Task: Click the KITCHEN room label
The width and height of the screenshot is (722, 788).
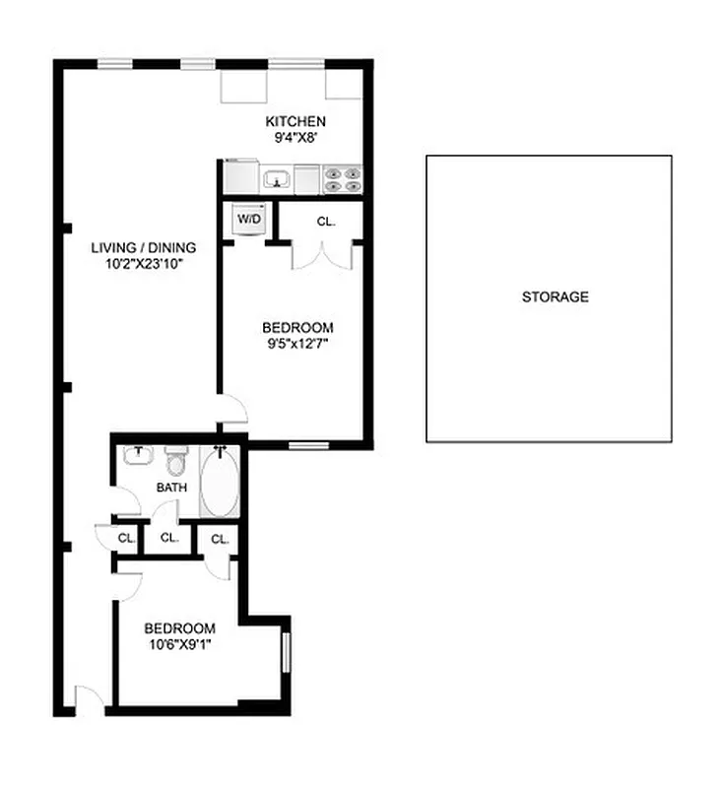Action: [x=295, y=121]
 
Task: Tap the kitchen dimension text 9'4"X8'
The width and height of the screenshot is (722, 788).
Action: [x=295, y=138]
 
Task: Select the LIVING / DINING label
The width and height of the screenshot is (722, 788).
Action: [x=144, y=247]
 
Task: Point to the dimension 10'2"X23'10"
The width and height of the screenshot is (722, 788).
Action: [x=144, y=264]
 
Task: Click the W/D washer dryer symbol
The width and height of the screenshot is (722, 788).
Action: [x=248, y=219]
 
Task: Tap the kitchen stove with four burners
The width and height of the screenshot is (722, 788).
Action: [x=343, y=179]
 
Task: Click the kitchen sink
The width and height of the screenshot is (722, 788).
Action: [x=275, y=180]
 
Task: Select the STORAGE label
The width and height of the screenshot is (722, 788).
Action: [x=555, y=296]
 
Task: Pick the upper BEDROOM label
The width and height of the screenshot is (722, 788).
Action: [x=296, y=328]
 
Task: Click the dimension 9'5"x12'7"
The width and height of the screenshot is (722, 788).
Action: [x=296, y=345]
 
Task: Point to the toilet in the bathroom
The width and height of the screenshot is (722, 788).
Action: [x=175, y=461]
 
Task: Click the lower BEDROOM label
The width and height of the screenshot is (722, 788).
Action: [x=179, y=628]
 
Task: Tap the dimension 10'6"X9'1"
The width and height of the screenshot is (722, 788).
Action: [x=179, y=645]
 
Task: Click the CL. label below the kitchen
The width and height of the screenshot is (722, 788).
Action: [x=326, y=222]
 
